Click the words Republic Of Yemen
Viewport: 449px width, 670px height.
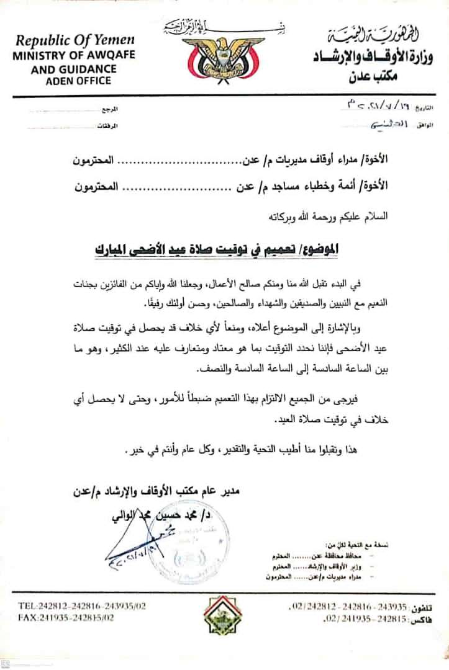coord(75,41)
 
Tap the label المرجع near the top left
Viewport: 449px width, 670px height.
coord(109,109)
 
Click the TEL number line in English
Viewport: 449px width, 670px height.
coord(75,606)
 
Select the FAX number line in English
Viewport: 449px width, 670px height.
coord(66,618)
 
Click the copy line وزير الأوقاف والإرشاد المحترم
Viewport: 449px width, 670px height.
coord(322,567)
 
